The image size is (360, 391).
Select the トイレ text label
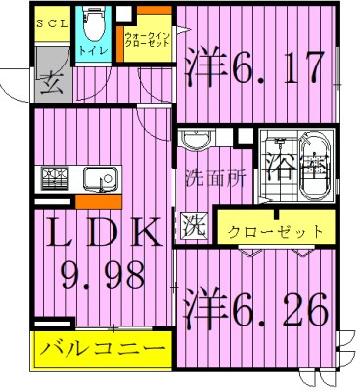point(92,46)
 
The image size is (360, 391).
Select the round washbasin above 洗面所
point(197,143)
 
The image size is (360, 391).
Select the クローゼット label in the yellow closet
point(275,232)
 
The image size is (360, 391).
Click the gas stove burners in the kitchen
point(55,179)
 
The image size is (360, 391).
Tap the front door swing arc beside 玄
point(18,88)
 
